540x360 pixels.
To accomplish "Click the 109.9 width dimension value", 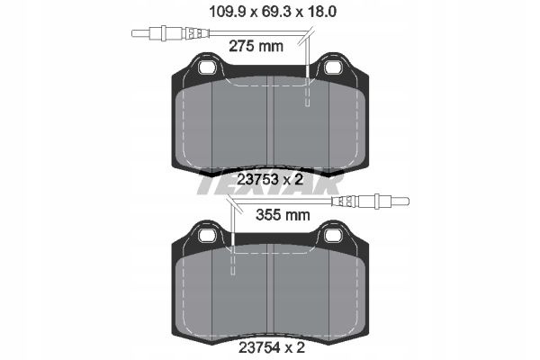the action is click(x=228, y=12).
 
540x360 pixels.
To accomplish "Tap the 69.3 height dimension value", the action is click(x=275, y=12).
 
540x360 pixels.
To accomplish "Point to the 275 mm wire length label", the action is click(x=256, y=46).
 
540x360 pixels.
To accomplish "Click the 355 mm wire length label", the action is click(x=283, y=215).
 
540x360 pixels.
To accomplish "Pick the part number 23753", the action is click(x=258, y=179).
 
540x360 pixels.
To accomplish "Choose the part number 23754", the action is click(x=259, y=348).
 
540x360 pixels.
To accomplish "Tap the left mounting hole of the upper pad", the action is click(x=207, y=67).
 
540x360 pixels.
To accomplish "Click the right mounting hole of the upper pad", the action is click(x=333, y=67).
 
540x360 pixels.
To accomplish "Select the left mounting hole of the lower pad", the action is click(x=207, y=235).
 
